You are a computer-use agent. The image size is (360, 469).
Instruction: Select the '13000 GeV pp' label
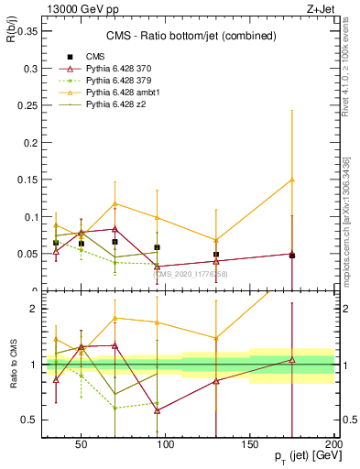pyautogui.click(x=72, y=8)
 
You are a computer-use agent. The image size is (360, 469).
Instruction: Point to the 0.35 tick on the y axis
pyautogui.click(x=27, y=30)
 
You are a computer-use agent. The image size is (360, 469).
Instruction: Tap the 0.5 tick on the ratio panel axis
pyautogui.click(x=30, y=420)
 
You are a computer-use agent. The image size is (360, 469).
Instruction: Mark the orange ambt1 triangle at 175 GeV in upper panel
pyautogui.click(x=292, y=180)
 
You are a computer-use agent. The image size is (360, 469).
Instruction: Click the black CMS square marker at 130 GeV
pyautogui.click(x=216, y=255)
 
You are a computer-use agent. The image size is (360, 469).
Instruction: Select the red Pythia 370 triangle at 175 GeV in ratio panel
pyautogui.click(x=292, y=360)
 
